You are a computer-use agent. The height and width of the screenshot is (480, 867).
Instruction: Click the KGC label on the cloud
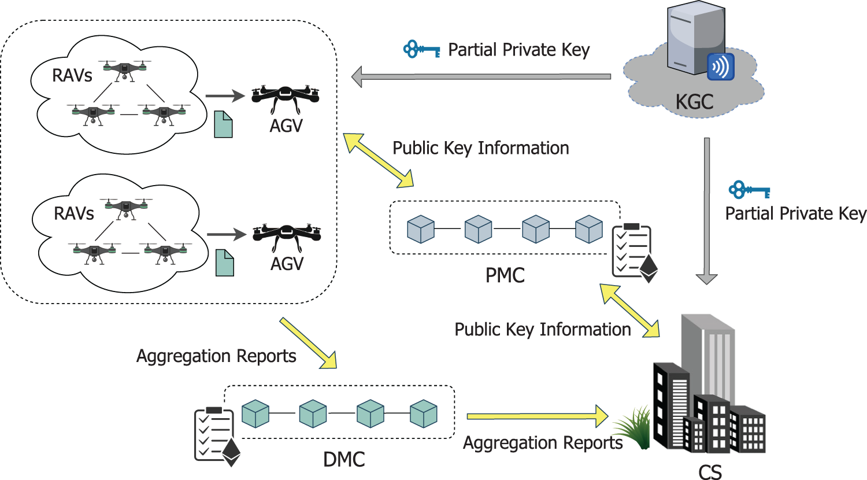(x=694, y=102)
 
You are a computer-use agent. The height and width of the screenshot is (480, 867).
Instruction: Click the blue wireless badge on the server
(x=721, y=67)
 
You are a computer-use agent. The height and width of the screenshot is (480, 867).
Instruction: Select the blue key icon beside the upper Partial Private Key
(x=421, y=50)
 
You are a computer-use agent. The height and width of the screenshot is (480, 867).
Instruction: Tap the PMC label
(x=505, y=275)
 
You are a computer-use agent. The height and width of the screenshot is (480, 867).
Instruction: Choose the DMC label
(x=344, y=460)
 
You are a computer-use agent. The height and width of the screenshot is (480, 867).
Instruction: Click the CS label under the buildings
(x=710, y=471)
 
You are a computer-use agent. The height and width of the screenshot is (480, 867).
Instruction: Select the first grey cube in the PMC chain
(x=421, y=229)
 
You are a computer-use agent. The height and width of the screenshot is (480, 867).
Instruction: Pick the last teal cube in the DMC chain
(x=424, y=413)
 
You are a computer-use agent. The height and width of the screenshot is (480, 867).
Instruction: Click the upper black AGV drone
(x=286, y=98)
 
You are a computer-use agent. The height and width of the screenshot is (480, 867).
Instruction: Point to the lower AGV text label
(x=287, y=264)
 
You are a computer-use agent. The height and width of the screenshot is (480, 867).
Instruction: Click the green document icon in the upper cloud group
(x=223, y=124)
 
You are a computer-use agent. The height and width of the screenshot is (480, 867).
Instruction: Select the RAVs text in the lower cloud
(x=73, y=213)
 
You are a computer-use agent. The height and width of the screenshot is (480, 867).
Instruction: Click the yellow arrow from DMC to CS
(x=538, y=416)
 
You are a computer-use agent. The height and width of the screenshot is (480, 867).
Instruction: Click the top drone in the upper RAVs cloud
(x=124, y=69)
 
